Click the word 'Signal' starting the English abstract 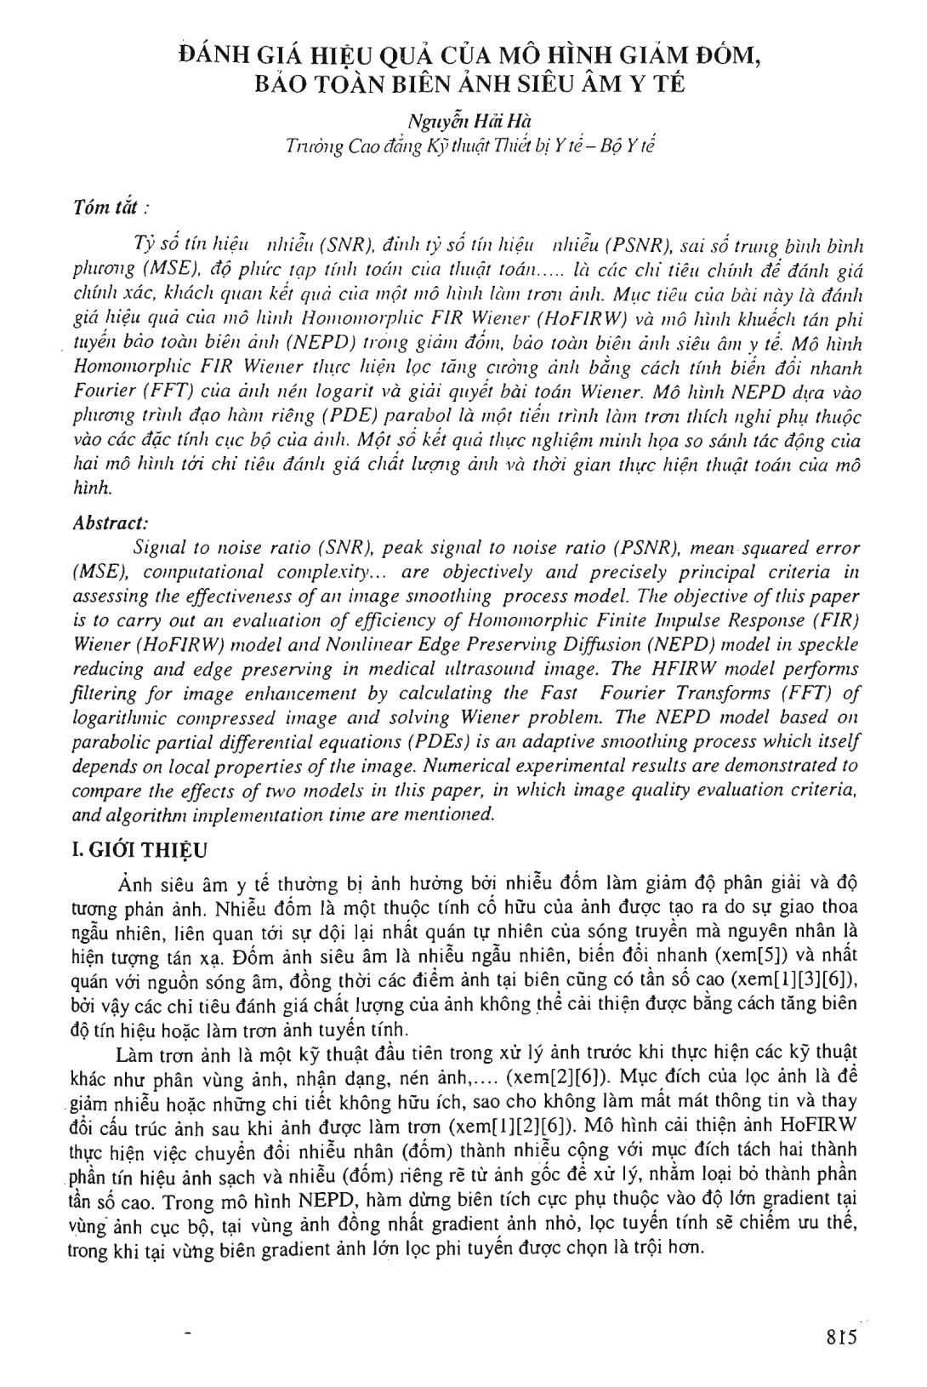[159, 548]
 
